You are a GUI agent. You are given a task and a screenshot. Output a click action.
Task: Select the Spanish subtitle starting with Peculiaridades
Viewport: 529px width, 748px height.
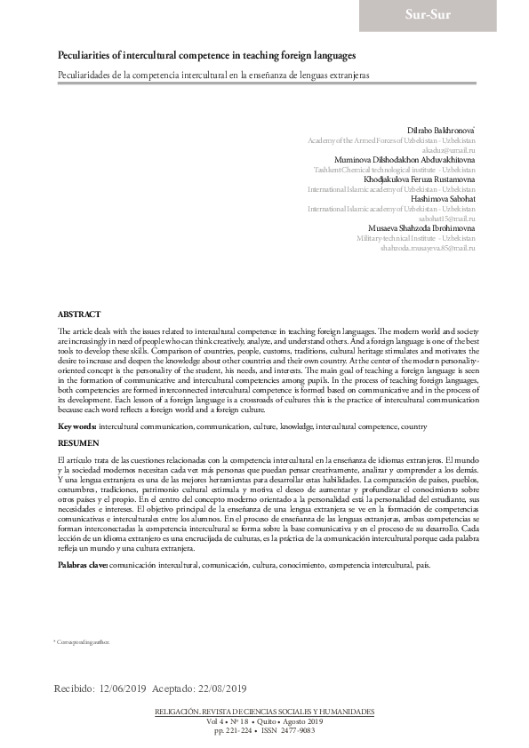[x=213, y=76]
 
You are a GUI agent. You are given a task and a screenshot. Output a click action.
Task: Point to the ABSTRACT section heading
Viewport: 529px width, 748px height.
[x=79, y=314]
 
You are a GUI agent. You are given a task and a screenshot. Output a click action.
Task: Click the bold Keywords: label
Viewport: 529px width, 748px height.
[x=76, y=426]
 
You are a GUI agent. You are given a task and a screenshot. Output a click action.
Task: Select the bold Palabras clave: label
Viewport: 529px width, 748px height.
[x=83, y=564]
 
